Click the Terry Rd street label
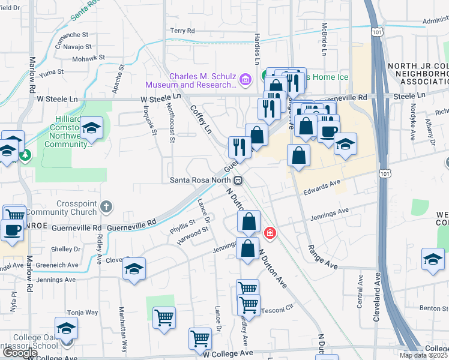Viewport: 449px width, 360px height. [183, 31]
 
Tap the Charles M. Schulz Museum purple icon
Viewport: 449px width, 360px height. [244, 79]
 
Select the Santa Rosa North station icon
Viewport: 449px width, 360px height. [238, 180]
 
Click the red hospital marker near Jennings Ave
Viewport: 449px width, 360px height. [270, 233]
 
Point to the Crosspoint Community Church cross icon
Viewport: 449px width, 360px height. [106, 207]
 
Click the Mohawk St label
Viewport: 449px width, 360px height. [88, 59]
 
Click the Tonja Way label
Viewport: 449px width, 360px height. [82, 312]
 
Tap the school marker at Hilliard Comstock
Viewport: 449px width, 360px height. [91, 128]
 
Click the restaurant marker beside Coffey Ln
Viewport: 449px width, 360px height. [240, 147]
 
